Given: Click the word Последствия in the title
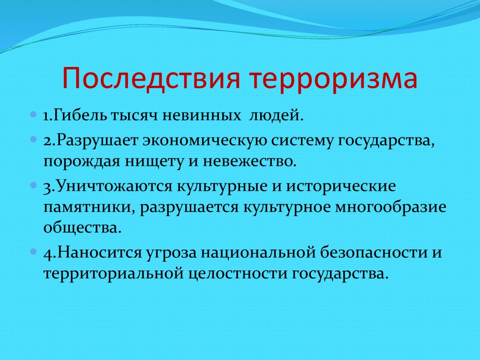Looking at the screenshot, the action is coord(150,79).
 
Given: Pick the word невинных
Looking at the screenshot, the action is coord(202,116).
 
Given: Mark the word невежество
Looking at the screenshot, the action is coord(250,162).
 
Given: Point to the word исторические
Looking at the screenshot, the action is coord(341,187).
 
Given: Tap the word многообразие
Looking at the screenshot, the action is coord(391,208).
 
